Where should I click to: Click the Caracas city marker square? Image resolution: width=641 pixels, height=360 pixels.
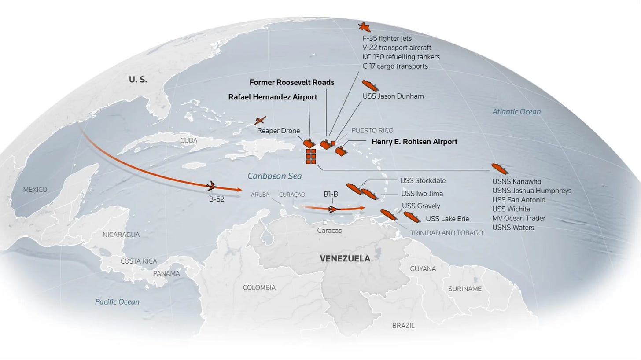(325, 223)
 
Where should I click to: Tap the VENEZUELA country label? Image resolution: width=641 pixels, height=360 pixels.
(345, 259)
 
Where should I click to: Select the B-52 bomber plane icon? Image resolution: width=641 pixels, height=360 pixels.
(212, 186)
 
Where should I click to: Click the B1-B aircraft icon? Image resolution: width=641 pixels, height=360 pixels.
(335, 209)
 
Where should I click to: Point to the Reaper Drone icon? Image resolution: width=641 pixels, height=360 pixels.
(260, 120)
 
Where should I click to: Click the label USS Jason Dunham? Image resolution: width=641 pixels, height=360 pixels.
(393, 96)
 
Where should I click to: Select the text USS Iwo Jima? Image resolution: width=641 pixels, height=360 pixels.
(422, 194)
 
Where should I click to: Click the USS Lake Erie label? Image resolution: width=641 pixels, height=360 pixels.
(447, 219)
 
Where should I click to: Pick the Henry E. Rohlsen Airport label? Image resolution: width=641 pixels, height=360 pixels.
(414, 142)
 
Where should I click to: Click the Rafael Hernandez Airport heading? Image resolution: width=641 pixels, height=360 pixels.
(273, 97)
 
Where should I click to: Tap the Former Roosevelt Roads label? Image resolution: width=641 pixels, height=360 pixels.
(291, 82)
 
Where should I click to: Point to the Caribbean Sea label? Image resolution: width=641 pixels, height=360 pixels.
(274, 176)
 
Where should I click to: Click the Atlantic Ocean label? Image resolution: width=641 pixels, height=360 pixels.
(516, 112)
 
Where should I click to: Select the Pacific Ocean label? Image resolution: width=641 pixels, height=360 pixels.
(117, 302)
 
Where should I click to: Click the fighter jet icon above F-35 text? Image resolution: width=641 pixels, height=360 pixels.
(364, 27)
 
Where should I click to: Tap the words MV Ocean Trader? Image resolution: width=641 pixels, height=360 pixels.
(519, 218)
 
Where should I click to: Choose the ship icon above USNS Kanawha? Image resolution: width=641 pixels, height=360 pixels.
(499, 169)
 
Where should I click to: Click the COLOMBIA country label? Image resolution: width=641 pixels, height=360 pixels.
(259, 288)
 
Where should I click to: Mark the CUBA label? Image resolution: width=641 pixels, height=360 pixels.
(188, 140)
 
